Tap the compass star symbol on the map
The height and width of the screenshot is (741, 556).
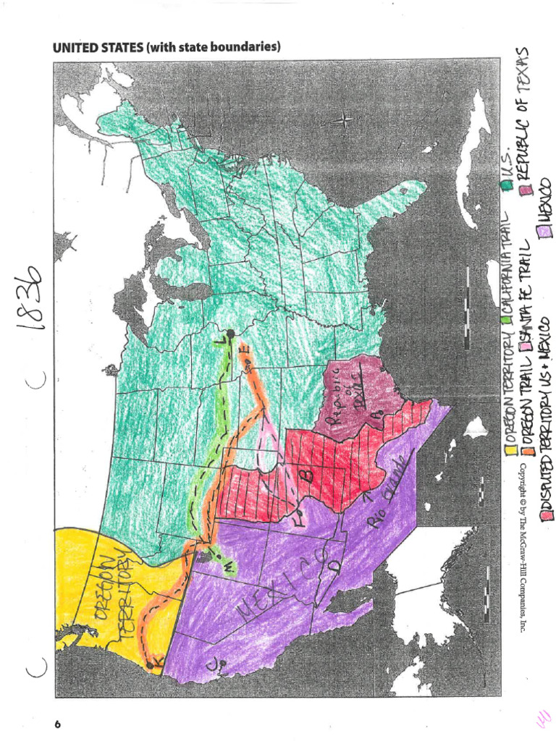[345, 120]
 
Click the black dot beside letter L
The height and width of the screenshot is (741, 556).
[230, 334]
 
